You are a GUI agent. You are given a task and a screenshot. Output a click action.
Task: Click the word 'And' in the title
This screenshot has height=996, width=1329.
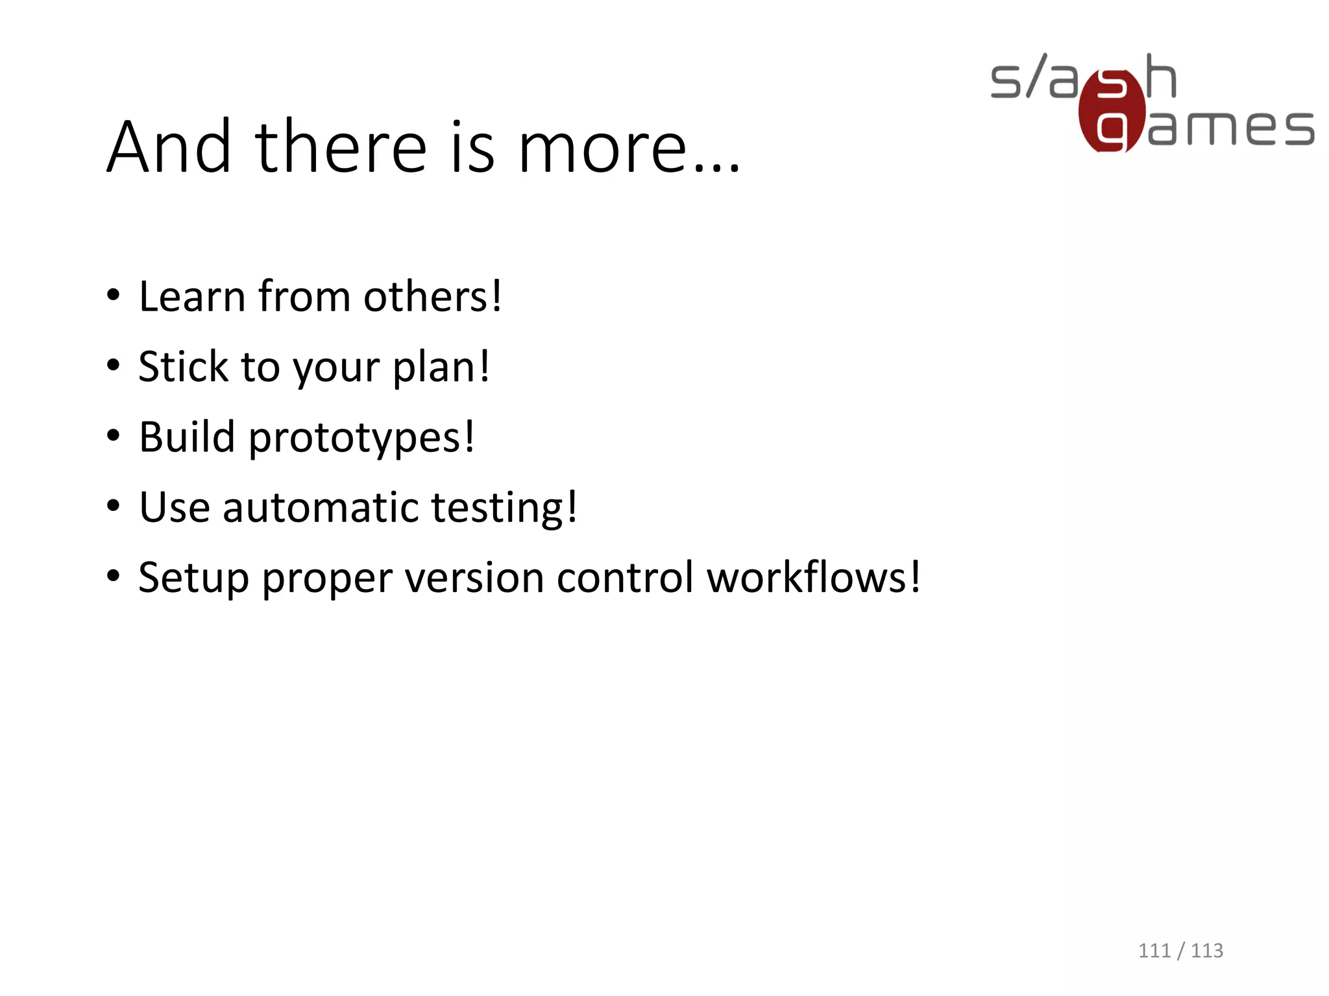click(x=169, y=148)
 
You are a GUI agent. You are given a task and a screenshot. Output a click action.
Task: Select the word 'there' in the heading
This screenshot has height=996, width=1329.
click(x=341, y=148)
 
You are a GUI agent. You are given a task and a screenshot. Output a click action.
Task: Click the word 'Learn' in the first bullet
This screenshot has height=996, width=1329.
click(x=192, y=297)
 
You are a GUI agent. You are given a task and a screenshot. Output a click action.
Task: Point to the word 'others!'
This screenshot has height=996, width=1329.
click(x=433, y=297)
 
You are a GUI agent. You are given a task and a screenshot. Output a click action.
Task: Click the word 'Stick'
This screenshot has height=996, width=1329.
click(x=183, y=367)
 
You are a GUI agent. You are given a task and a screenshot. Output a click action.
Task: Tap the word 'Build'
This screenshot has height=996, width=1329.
click(x=187, y=437)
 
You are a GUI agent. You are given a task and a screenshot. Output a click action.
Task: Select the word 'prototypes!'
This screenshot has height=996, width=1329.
click(x=361, y=438)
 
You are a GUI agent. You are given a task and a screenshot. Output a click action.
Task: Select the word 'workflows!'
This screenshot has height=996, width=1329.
click(x=813, y=577)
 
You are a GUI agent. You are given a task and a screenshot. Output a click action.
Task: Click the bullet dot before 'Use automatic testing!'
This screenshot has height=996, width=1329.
click(x=114, y=506)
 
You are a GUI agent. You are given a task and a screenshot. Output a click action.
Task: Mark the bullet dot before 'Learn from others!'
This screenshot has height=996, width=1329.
click(x=114, y=296)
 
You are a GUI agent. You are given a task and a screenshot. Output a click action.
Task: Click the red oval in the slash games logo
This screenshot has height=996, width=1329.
click(x=1111, y=110)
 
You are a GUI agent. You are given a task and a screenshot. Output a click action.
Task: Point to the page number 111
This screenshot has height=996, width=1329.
click(x=1154, y=951)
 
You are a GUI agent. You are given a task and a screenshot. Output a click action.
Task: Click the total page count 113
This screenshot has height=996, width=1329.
click(x=1206, y=951)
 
